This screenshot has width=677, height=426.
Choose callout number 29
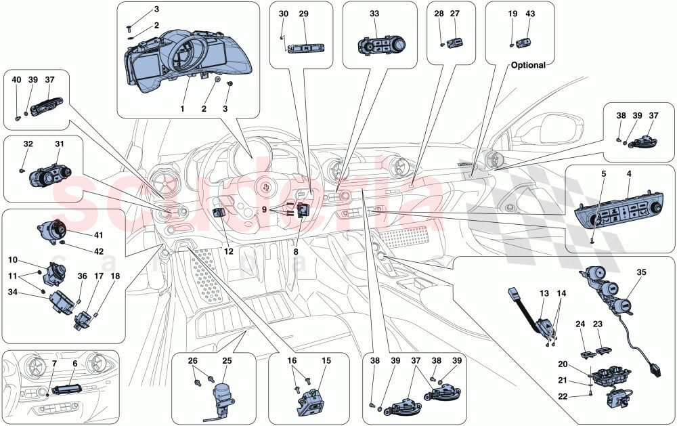coord(303,14)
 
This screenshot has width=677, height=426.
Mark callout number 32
coord(28,144)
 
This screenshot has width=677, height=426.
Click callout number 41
coord(98,235)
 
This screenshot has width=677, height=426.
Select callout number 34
coord(13,293)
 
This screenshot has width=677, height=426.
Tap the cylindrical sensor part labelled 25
coord(222,392)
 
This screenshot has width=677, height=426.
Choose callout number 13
coord(544,294)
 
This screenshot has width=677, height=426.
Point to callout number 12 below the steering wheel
coord(230,251)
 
